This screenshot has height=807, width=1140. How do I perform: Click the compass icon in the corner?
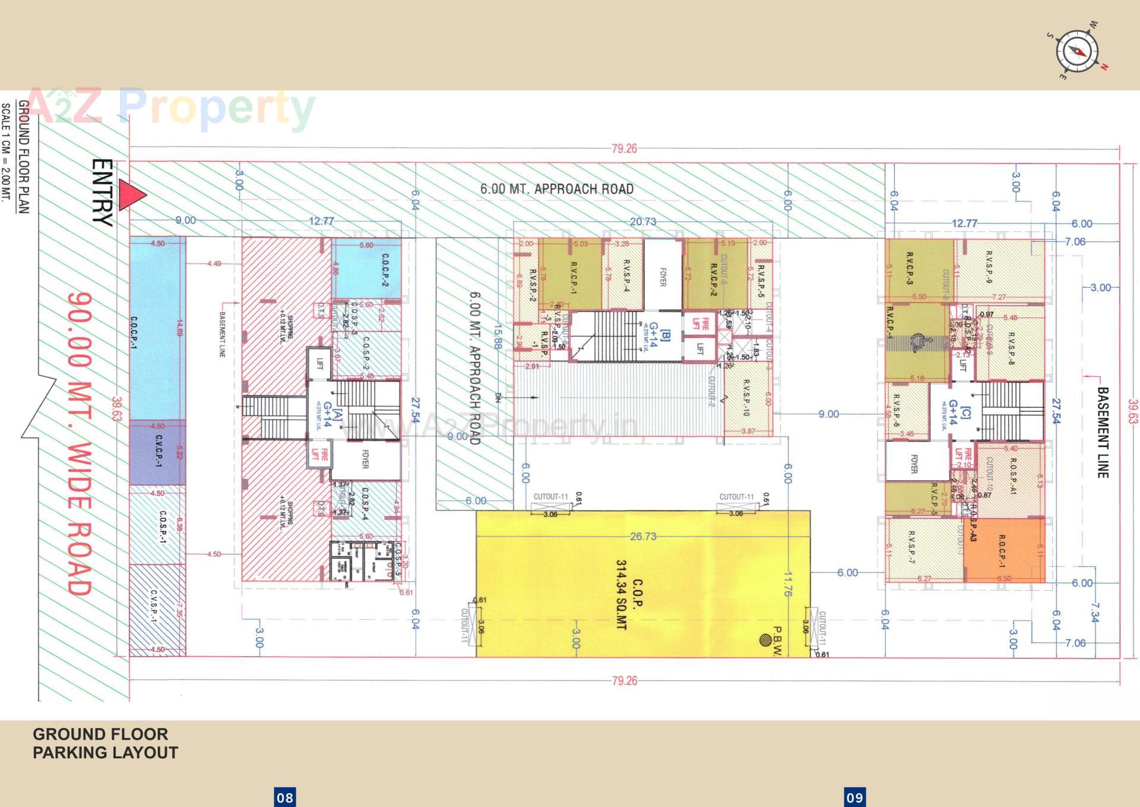[1077, 52]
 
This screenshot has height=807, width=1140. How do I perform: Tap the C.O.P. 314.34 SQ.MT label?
[629, 594]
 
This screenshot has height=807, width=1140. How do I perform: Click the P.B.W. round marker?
[765, 640]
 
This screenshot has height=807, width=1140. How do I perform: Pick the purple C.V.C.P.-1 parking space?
[158, 452]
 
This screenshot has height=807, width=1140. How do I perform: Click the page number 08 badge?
[285, 797]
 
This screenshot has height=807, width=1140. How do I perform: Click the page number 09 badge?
[854, 797]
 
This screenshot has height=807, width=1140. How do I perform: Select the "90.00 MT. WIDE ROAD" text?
[80, 443]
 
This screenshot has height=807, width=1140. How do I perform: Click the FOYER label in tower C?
[914, 464]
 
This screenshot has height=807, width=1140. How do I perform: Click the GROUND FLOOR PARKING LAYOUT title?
[105, 743]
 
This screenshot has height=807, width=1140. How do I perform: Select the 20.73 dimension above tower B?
[642, 222]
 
